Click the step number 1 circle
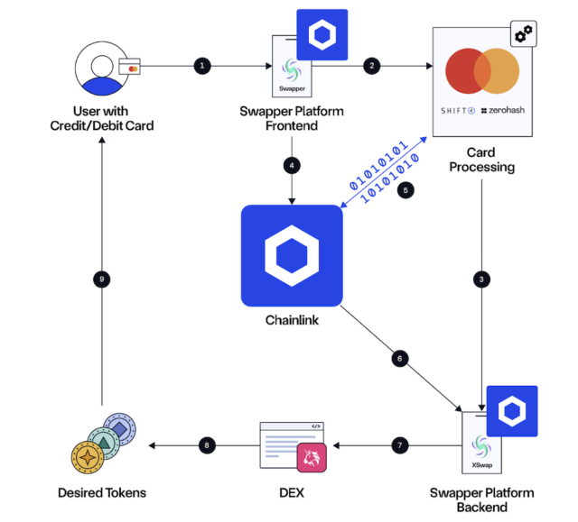[x=202, y=66]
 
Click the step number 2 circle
[x=370, y=66]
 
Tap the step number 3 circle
[x=483, y=279]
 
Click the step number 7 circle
[x=400, y=445]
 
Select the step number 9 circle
[x=102, y=279]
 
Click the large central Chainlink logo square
[x=292, y=256]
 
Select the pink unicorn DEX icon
[x=312, y=457]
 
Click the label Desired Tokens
[x=102, y=493]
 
